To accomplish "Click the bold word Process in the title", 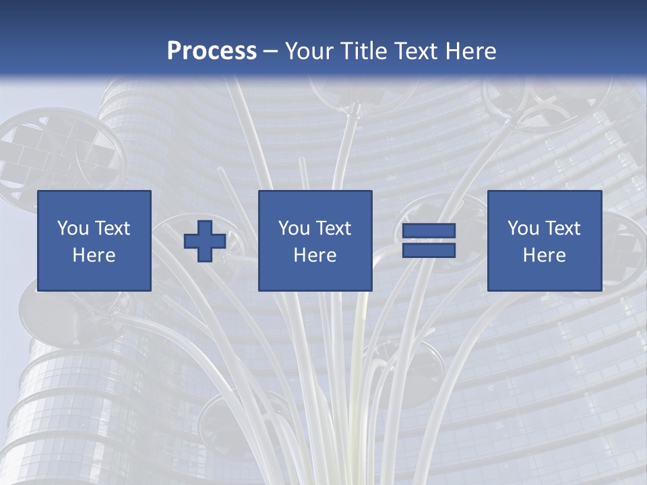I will point(212,51).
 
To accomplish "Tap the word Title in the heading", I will point(365,51).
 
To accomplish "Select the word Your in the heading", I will point(311,51).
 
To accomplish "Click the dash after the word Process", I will point(271,52).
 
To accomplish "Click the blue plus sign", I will point(205,240).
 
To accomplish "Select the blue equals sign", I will point(429,240).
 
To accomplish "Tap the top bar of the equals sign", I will point(429,231).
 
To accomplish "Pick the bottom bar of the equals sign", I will point(429,250).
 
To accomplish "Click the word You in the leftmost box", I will point(73,228).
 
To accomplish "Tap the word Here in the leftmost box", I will point(94,255).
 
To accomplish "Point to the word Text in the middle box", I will point(334,228).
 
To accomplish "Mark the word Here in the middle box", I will point(315,255).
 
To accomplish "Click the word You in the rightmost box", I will point(524,228).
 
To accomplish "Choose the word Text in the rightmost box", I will point(563,228).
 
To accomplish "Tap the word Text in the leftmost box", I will point(113,228).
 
